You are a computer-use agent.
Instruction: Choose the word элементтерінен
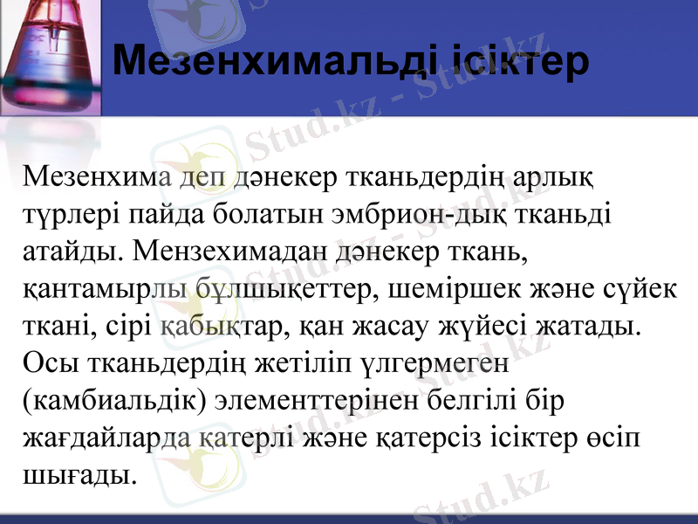(x=325, y=400)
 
